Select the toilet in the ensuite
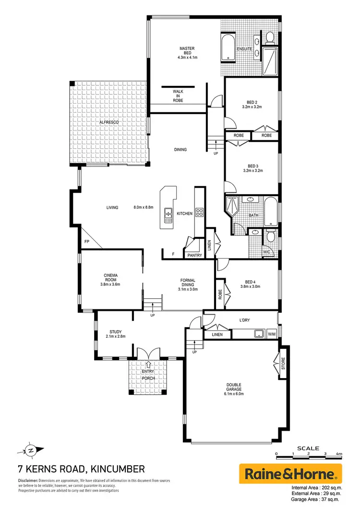(270, 36)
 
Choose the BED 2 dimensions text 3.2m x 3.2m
(252, 107)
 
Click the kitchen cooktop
(200, 213)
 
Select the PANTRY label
(194, 255)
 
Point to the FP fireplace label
(87, 242)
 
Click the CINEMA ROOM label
(110, 278)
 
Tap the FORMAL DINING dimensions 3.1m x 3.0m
(188, 289)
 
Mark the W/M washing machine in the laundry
(272, 334)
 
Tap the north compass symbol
(31, 450)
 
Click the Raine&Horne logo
(290, 474)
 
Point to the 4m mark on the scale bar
(339, 453)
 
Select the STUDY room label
(115, 331)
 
